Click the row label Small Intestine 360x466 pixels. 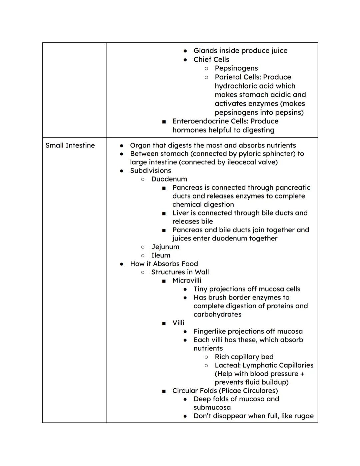pyautogui.click(x=70, y=145)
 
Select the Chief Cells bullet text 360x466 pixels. pyautogui.click(x=211, y=59)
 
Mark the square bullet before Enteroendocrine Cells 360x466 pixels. pyautogui.click(x=164, y=122)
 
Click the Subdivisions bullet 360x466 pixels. pyautogui.click(x=150, y=170)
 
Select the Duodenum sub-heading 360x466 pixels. pyautogui.click(x=169, y=179)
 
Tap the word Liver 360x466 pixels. pyautogui.click(x=180, y=213)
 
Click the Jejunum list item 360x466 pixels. pyautogui.click(x=165, y=247)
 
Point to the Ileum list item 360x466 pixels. pyautogui.click(x=161, y=255)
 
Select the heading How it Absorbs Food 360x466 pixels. pyautogui.click(x=164, y=264)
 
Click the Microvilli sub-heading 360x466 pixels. pyautogui.click(x=187, y=281)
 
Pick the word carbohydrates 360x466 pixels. pyautogui.click(x=217, y=314)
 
